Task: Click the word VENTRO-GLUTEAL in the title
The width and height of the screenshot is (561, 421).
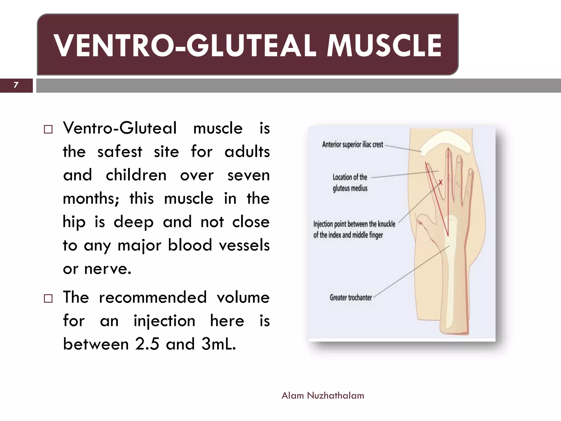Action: click(185, 45)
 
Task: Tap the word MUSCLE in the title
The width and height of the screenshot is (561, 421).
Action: click(384, 45)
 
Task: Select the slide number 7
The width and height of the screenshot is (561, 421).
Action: click(16, 85)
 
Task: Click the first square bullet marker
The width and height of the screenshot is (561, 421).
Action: click(48, 129)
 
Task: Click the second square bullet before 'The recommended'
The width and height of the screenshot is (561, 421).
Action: click(48, 298)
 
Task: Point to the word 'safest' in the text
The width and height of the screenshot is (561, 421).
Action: click(120, 152)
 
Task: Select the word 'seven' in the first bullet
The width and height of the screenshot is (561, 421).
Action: click(248, 175)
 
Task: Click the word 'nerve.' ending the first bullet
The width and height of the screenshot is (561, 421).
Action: click(108, 269)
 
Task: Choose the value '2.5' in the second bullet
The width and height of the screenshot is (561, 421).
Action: click(147, 344)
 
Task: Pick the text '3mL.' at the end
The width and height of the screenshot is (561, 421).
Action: click(219, 344)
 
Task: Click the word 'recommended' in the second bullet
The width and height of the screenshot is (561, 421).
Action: click(153, 297)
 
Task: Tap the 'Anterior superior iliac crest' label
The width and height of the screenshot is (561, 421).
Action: click(353, 144)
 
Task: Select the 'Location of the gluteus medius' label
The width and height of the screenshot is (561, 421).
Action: click(350, 183)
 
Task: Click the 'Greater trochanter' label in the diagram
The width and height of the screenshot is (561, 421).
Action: click(351, 297)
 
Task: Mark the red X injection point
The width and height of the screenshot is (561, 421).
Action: click(440, 182)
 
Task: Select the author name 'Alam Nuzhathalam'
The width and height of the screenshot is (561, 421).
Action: click(323, 396)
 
